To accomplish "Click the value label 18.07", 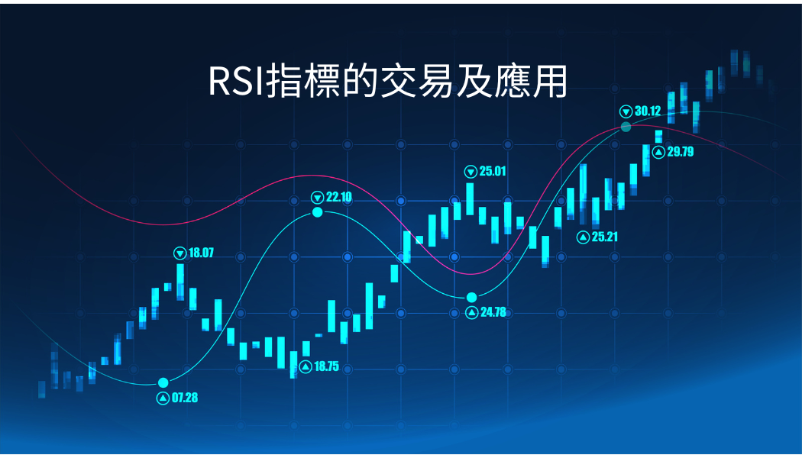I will (x=201, y=253).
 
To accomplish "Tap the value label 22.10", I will (x=338, y=197).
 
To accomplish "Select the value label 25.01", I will (x=493, y=171).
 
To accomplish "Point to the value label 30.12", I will (x=647, y=111).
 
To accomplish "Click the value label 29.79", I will (x=680, y=152).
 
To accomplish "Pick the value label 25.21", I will (x=604, y=237).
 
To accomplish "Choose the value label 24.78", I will (x=492, y=311).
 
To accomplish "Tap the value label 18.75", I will (x=325, y=366).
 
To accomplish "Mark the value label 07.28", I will (x=184, y=398).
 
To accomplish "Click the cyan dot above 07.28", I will (x=163, y=382).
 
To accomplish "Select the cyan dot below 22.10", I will (x=318, y=212).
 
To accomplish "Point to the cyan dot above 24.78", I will (x=471, y=297).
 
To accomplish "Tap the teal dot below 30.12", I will (x=626, y=126).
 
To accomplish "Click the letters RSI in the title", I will (x=234, y=81).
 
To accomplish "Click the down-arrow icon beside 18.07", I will (x=180, y=253).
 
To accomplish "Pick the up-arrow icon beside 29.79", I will (x=658, y=152).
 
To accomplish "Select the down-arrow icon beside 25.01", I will (x=471, y=171).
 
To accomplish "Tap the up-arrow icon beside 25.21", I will (x=583, y=237).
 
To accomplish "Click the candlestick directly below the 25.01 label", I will (x=470, y=200).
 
